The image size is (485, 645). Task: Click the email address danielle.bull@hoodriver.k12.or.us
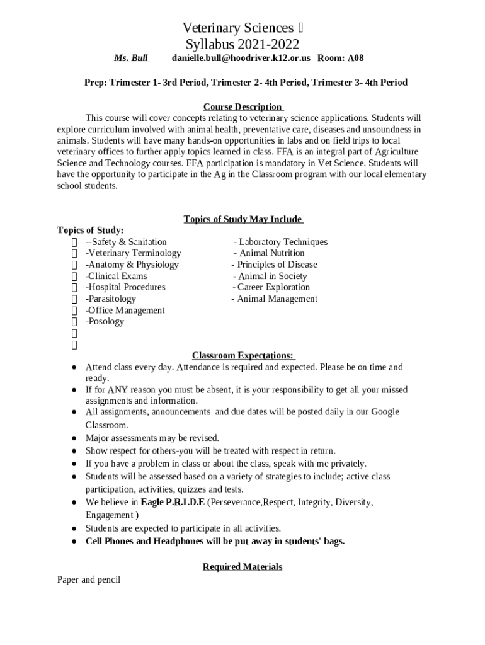click(241, 59)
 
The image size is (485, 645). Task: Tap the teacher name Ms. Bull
click(131, 59)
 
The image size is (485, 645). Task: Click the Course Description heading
click(243, 107)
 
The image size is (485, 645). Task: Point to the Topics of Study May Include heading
click(243, 219)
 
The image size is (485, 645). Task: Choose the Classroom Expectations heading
click(243, 356)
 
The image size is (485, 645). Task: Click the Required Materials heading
click(243, 567)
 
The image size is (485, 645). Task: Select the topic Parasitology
click(111, 299)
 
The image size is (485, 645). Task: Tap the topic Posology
click(105, 321)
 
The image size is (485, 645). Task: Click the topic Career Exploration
click(274, 287)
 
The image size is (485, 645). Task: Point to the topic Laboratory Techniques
click(281, 242)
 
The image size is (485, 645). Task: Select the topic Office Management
click(125, 310)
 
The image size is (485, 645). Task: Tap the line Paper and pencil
click(88, 579)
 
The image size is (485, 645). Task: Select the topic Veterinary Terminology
click(134, 253)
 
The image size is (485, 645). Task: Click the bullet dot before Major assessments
click(74, 438)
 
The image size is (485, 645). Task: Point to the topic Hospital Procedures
click(126, 287)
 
